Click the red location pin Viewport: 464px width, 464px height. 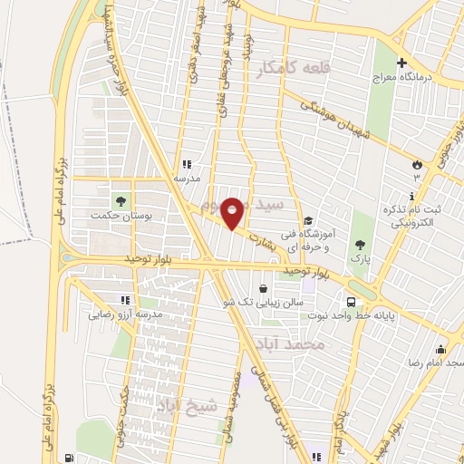click(234, 212)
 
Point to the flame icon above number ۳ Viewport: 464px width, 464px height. click(416, 165)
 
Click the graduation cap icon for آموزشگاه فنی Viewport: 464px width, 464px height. click(308, 220)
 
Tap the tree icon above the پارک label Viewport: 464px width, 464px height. click(362, 244)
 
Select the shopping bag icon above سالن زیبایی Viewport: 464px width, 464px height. click(263, 289)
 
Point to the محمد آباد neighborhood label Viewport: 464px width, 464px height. click(314, 345)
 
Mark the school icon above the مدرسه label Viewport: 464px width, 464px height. click(187, 164)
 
